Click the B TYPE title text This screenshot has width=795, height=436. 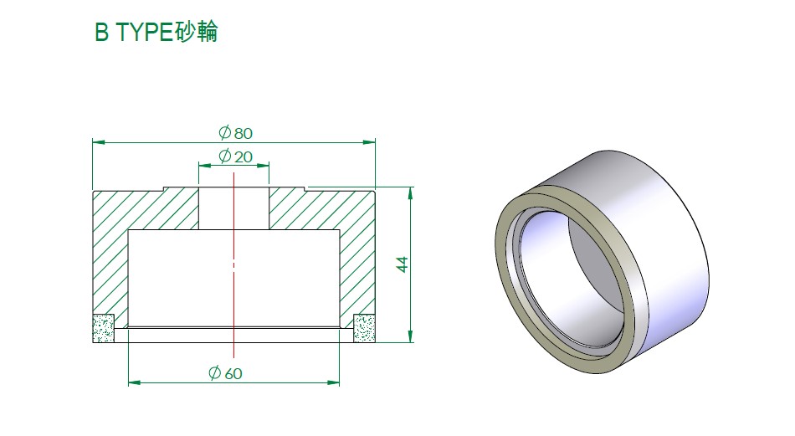pos(156,32)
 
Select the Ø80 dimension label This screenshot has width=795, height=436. pos(235,133)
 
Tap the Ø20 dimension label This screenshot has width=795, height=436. pos(235,156)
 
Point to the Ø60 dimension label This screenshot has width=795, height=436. pos(225,373)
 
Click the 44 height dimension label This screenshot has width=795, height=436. pos(402,264)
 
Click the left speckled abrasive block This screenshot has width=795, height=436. pos(104,328)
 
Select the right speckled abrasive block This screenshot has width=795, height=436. pos(364,328)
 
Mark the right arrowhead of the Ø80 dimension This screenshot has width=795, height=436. pos(369,142)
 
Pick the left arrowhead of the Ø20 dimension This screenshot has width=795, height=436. pos(204,165)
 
